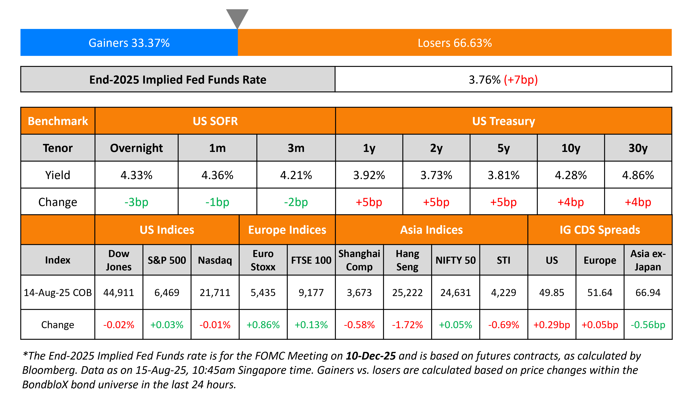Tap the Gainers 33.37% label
(129, 43)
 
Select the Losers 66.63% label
(454, 43)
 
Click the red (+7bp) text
(521, 80)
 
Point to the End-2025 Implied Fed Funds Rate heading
(178, 80)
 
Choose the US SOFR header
(215, 121)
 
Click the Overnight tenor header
(136, 148)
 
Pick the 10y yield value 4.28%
(571, 175)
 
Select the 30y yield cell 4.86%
(638, 175)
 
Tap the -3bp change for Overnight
(136, 202)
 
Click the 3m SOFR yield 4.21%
(296, 175)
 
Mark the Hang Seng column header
(407, 260)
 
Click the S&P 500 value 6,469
(167, 292)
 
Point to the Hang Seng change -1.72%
(407, 325)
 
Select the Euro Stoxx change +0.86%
(263, 325)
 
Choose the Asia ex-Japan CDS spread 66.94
(648, 292)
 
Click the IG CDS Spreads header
(600, 230)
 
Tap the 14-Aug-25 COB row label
(58, 292)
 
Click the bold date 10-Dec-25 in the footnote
(371, 356)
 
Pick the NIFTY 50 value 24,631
(456, 292)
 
